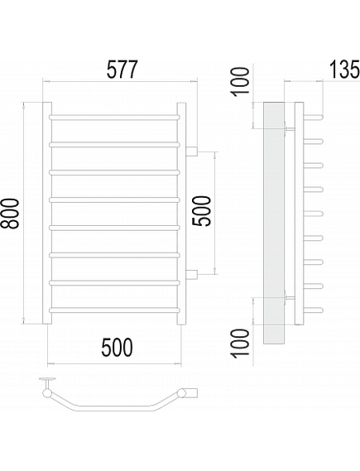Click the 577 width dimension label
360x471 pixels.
click(x=122, y=70)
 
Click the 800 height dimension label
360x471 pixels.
click(x=12, y=214)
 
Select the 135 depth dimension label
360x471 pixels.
click(x=344, y=70)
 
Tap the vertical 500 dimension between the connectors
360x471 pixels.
click(x=201, y=211)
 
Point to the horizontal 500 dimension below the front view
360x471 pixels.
click(x=117, y=347)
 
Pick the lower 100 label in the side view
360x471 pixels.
click(x=241, y=343)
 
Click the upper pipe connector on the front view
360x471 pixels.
click(x=191, y=151)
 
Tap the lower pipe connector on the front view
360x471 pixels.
click(x=191, y=274)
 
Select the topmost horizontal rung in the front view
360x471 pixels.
click(x=115, y=117)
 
